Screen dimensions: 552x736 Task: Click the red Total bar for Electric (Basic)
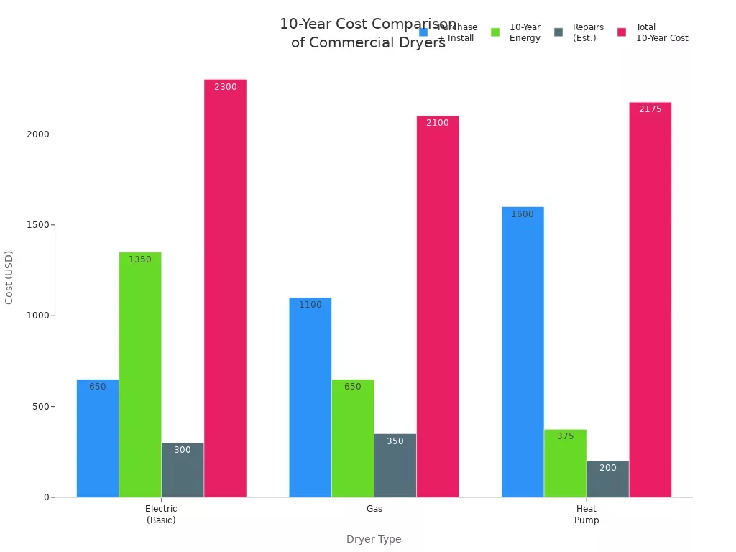point(225,287)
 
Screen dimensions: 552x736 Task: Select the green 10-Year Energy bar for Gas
point(352,438)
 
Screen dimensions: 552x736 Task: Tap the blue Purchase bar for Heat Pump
point(523,351)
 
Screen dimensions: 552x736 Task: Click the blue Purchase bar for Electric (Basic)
point(98,438)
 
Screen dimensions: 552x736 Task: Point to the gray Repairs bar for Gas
point(395,465)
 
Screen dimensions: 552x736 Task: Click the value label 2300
point(225,87)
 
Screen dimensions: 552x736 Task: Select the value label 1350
point(140,259)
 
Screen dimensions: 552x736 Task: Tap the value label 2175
point(650,109)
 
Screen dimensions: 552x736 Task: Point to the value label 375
point(565,436)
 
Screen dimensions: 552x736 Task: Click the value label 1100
point(310,305)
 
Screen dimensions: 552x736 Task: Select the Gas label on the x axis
point(374,509)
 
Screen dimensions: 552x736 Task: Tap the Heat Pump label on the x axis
point(586,514)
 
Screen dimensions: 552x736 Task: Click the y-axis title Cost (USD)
point(9,277)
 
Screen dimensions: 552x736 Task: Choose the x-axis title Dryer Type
point(374,539)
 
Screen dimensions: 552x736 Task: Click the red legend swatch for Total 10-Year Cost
point(622,32)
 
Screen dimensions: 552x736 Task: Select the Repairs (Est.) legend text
point(588,32)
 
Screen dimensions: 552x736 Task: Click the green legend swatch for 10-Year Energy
point(495,32)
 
